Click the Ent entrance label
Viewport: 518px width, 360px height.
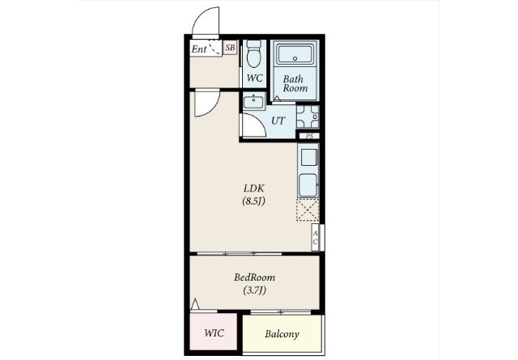(x=199, y=49)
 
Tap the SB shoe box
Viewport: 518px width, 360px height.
(x=230, y=48)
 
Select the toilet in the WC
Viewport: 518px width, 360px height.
(x=253, y=53)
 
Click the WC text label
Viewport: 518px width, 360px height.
(x=255, y=78)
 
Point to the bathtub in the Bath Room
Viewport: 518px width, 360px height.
(x=295, y=54)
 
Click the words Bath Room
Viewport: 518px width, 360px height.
(x=295, y=83)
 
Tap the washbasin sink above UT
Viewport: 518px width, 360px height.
(x=253, y=101)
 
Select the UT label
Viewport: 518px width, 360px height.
(x=278, y=121)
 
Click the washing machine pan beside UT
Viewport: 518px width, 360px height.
(x=308, y=116)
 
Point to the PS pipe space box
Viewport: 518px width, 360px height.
(x=309, y=136)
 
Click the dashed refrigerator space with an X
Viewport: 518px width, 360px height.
(x=308, y=210)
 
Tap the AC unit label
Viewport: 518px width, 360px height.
(x=315, y=238)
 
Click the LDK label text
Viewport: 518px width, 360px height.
(x=253, y=188)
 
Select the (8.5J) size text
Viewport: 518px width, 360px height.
(x=253, y=201)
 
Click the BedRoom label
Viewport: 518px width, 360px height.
(x=254, y=277)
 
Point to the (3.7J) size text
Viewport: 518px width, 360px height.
(x=254, y=290)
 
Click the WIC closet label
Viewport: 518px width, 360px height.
(x=214, y=333)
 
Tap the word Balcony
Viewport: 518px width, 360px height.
(x=282, y=334)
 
